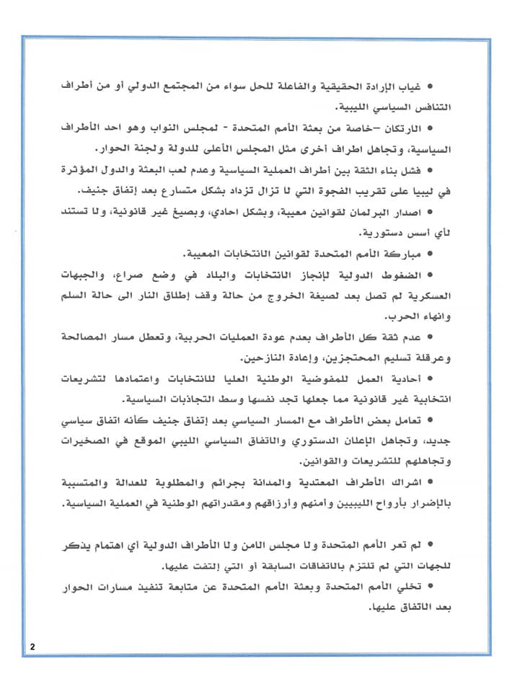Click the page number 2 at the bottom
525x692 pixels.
point(32,646)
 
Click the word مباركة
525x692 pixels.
point(399,255)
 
